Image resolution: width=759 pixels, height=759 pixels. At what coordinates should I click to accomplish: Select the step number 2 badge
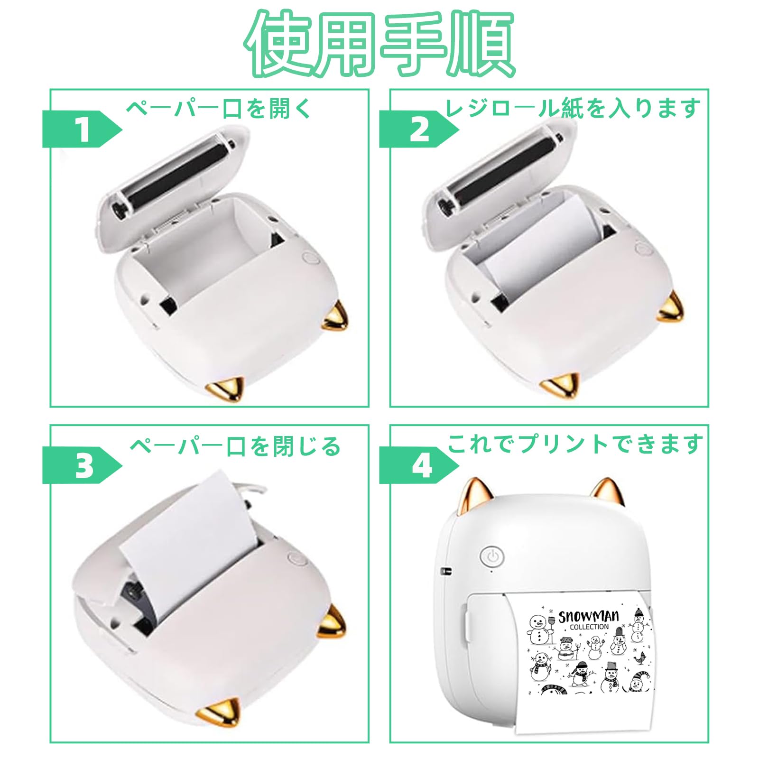(419, 129)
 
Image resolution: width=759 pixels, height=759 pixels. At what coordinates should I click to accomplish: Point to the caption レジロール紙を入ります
(573, 108)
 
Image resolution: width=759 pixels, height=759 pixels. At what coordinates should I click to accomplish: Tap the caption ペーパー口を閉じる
(235, 446)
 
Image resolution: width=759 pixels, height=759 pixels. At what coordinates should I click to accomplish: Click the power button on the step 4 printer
(492, 556)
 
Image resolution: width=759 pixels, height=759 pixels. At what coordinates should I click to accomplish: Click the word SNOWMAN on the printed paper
(588, 616)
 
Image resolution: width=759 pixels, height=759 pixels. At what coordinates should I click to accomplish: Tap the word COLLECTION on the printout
(589, 627)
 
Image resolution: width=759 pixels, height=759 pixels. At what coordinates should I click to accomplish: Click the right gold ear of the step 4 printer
(605, 493)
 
